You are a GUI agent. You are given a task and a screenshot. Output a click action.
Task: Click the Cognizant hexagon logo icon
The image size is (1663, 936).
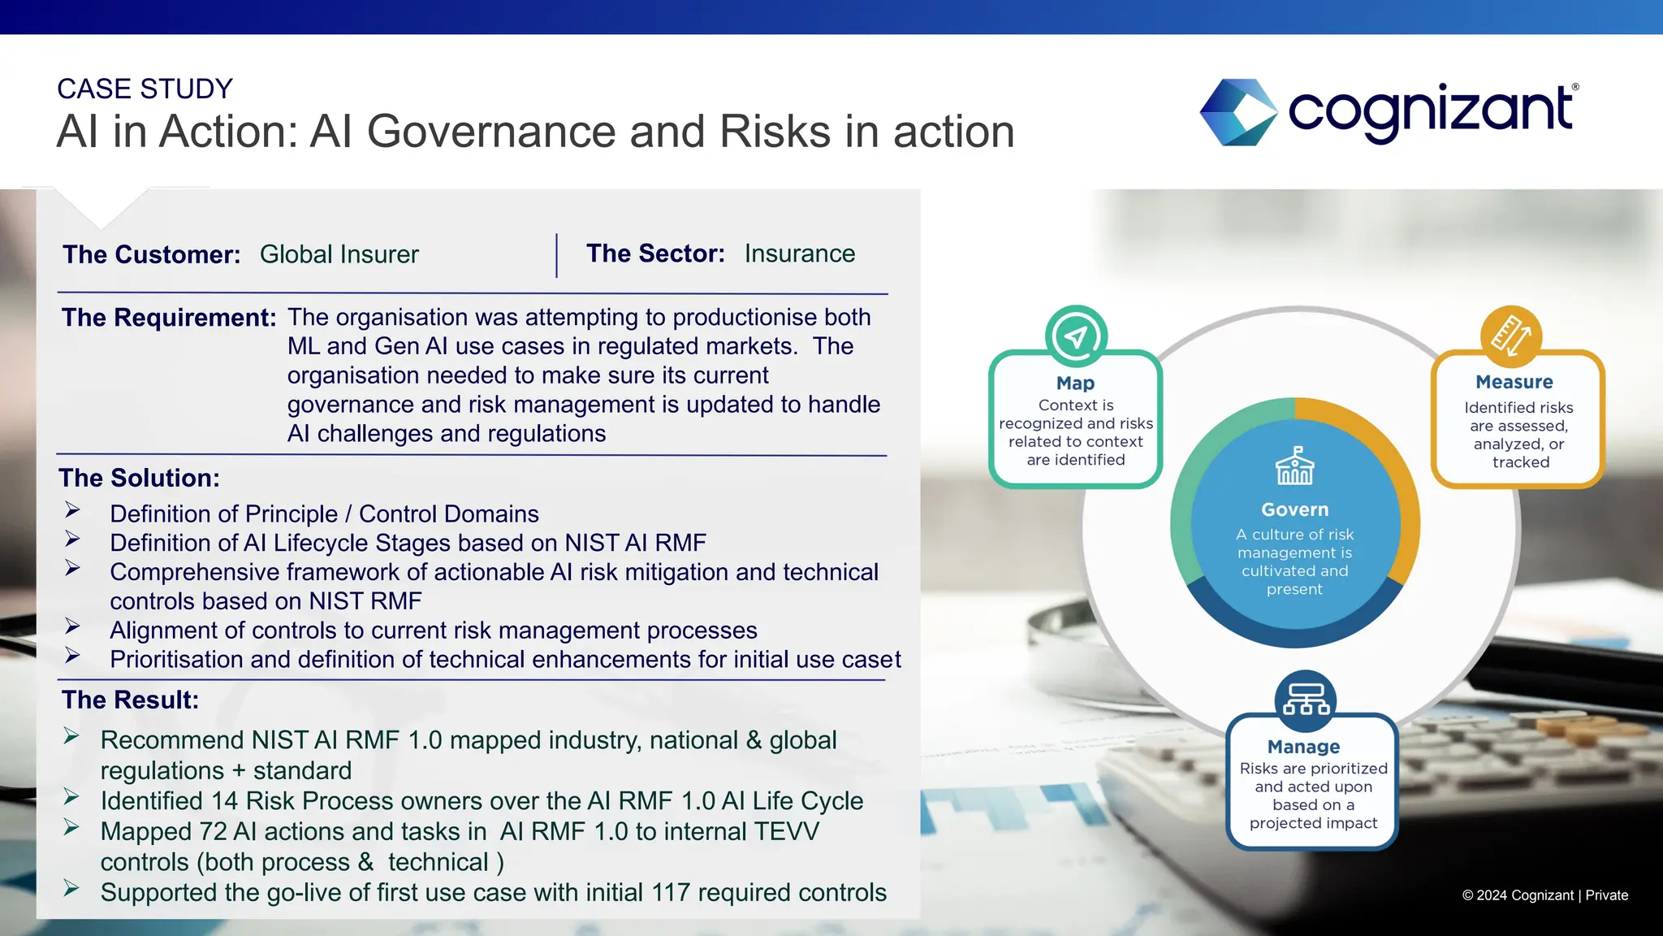1238,112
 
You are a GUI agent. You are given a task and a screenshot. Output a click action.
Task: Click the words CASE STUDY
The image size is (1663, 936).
145,89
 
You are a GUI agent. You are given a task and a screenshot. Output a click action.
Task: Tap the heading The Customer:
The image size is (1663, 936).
152,254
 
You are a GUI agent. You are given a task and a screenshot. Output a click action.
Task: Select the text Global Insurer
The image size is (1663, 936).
339,254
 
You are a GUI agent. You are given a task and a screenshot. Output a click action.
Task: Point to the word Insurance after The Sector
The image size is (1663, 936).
799,253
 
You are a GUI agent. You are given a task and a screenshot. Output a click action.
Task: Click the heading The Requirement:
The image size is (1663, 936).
169,317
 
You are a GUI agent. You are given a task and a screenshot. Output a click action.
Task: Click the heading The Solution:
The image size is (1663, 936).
139,478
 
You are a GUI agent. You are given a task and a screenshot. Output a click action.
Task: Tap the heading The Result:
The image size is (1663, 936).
130,700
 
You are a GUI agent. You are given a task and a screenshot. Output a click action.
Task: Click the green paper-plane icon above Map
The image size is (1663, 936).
1076,336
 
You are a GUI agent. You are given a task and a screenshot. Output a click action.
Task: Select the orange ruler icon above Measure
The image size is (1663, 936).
1510,336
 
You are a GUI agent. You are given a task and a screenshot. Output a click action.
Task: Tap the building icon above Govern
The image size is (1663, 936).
1294,466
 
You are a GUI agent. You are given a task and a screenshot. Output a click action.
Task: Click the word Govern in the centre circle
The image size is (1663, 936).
1294,509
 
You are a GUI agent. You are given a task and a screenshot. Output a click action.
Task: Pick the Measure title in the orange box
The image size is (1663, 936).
1514,382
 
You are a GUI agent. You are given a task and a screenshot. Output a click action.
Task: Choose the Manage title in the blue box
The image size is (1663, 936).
1303,747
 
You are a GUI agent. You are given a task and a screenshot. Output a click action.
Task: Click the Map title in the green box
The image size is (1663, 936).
1075,383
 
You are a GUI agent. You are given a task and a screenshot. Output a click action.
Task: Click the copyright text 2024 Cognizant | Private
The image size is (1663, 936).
1544,895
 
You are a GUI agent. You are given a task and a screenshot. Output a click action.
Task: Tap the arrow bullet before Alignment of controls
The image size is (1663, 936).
72,626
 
